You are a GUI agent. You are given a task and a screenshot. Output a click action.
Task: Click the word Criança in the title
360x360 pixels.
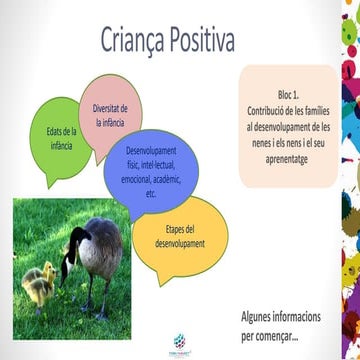pos(135,41)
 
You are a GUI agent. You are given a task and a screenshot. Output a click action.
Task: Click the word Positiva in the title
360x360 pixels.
pos(202,41)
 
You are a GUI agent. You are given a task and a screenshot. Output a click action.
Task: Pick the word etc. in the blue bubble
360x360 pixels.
pos(151,194)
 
